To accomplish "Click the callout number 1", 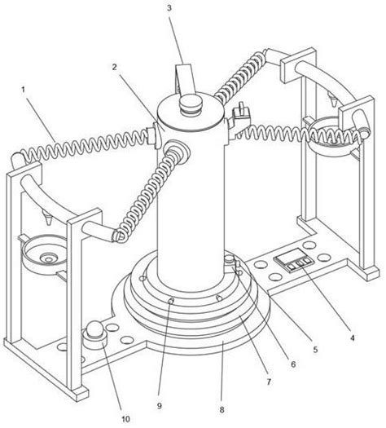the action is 23,90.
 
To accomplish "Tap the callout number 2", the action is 115,67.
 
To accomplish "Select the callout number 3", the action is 169,7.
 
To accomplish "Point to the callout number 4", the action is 352,338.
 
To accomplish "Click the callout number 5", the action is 315,350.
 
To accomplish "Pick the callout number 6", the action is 293,364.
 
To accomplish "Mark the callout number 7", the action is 269,382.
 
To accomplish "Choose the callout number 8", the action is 222,409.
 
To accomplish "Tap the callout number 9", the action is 159,406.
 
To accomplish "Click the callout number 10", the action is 125,419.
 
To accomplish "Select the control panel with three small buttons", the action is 294,260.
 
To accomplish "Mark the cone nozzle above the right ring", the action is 333,99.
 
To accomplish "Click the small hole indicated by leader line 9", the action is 171,301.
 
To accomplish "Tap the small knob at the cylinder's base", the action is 231,258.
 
